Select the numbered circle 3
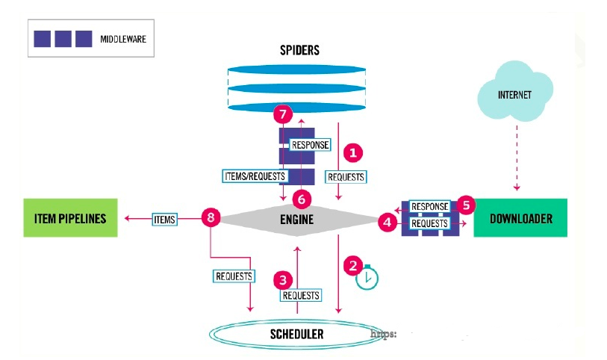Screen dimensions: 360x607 [282, 279]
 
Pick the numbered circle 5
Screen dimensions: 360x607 [467, 204]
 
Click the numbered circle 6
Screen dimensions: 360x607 [301, 199]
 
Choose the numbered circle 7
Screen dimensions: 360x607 [281, 115]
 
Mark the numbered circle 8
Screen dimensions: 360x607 [211, 219]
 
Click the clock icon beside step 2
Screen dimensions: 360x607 [367, 278]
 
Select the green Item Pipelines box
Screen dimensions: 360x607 [71, 218]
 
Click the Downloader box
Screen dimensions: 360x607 [520, 218]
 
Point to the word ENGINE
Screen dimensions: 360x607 [296, 220]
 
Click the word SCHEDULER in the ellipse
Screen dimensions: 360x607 [297, 334]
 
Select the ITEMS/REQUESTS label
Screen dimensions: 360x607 [254, 176]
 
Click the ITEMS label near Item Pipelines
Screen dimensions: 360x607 [164, 219]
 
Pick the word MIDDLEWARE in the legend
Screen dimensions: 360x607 [122, 38]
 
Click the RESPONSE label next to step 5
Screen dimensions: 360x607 [429, 206]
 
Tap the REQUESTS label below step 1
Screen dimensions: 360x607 [346, 177]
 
